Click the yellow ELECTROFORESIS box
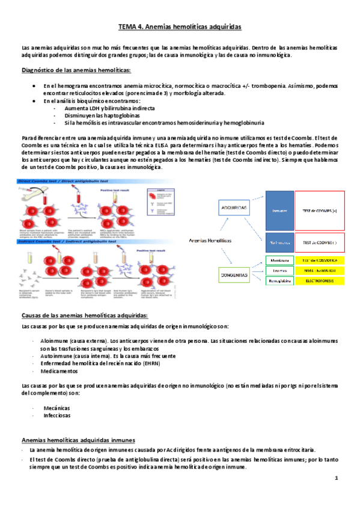[320, 280]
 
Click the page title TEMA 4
[179, 27]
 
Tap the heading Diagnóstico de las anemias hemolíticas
[76, 71]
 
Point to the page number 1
[337, 478]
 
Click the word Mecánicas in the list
[56, 407]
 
